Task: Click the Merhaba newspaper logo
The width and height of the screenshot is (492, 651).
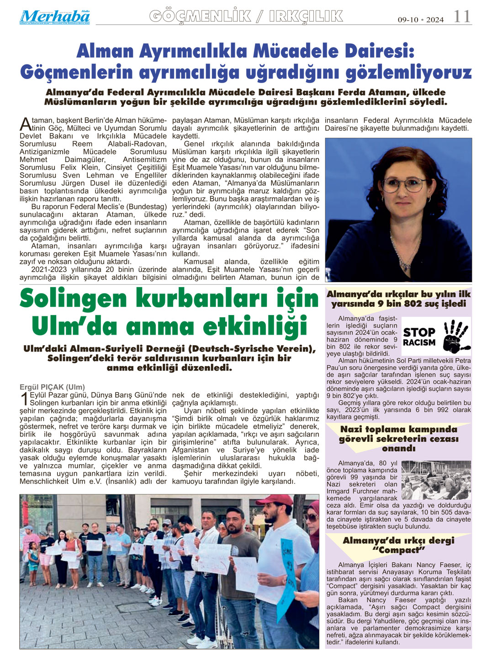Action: (x=54, y=17)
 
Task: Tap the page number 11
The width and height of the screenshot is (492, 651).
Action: (x=462, y=17)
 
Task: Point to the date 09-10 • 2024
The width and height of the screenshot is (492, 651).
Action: (x=420, y=20)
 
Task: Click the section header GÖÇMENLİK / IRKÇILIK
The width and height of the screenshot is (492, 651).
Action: (x=246, y=16)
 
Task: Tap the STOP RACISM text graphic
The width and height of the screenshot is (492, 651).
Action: (x=419, y=337)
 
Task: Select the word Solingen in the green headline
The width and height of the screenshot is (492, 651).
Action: (x=73, y=299)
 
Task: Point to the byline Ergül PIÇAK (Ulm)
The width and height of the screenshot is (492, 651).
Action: (x=52, y=387)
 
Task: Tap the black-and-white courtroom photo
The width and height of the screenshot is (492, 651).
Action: (x=436, y=480)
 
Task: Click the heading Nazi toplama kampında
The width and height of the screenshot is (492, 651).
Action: (x=398, y=429)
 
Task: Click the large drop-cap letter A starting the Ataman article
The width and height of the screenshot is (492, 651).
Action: (x=25, y=124)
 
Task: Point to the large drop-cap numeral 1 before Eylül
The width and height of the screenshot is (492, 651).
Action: (x=24, y=399)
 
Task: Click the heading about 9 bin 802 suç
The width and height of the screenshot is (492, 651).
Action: (x=398, y=299)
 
